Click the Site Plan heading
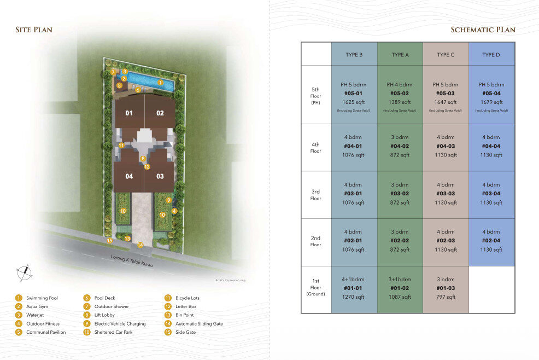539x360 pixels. click(34, 30)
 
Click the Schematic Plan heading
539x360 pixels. click(483, 30)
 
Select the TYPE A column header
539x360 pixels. click(400, 55)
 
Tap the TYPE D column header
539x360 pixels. click(491, 55)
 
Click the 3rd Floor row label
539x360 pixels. click(316, 195)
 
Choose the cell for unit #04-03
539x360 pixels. click(446, 146)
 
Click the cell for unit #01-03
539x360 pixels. click(446, 288)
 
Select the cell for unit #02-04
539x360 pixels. click(491, 241)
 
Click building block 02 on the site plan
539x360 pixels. click(160, 113)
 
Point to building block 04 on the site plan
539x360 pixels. click(129, 176)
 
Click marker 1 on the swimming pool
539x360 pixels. click(160, 82)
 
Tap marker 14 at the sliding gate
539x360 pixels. click(140, 245)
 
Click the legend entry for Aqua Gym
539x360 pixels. click(38, 307)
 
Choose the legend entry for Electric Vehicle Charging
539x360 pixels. click(116, 324)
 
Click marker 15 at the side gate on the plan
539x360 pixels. click(110, 240)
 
